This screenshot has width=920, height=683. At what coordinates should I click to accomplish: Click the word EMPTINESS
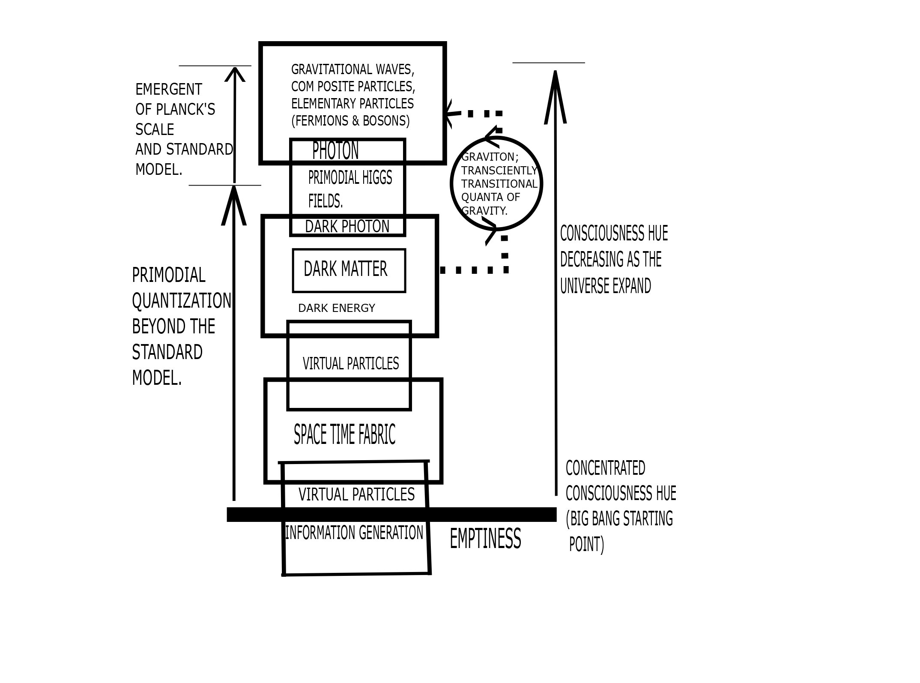point(485,539)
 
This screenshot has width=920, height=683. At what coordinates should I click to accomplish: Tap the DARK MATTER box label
point(345,270)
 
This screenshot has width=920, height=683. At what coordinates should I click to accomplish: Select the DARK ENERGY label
point(336,308)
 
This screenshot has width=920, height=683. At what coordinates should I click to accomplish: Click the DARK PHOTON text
point(347,227)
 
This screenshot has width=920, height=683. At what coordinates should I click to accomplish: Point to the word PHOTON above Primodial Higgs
point(335,151)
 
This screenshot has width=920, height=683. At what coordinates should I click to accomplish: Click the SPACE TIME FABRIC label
point(344,434)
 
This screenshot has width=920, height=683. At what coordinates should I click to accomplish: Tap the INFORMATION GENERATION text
point(354,533)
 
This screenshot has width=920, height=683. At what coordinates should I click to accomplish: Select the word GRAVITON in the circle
point(489,157)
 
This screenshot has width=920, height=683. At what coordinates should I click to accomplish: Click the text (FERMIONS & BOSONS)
point(350,121)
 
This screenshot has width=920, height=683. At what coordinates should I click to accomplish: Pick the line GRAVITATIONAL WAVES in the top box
point(352,69)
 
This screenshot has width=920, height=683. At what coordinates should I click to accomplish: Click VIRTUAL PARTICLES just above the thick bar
point(356,494)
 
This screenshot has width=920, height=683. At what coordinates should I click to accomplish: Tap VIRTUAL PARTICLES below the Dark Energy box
point(351,364)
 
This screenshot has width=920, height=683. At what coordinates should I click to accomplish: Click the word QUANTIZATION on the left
point(181,301)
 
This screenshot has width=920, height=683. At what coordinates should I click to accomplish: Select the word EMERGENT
point(168,90)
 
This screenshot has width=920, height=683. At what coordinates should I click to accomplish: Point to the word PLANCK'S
point(185,110)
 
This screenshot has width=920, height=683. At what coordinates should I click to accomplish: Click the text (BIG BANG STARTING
point(619,519)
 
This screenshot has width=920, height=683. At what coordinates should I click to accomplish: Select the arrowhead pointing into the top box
point(448,114)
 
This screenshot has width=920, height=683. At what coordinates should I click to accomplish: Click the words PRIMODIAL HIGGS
point(350,178)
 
